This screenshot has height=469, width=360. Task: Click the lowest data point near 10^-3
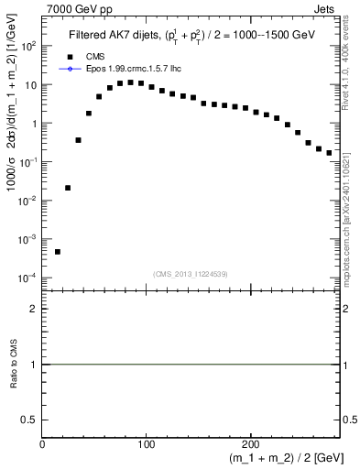(x=58, y=251)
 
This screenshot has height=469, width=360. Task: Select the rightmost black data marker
(x=329, y=153)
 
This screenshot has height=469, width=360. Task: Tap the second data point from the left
(x=68, y=188)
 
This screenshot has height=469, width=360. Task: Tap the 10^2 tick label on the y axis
(x=27, y=46)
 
